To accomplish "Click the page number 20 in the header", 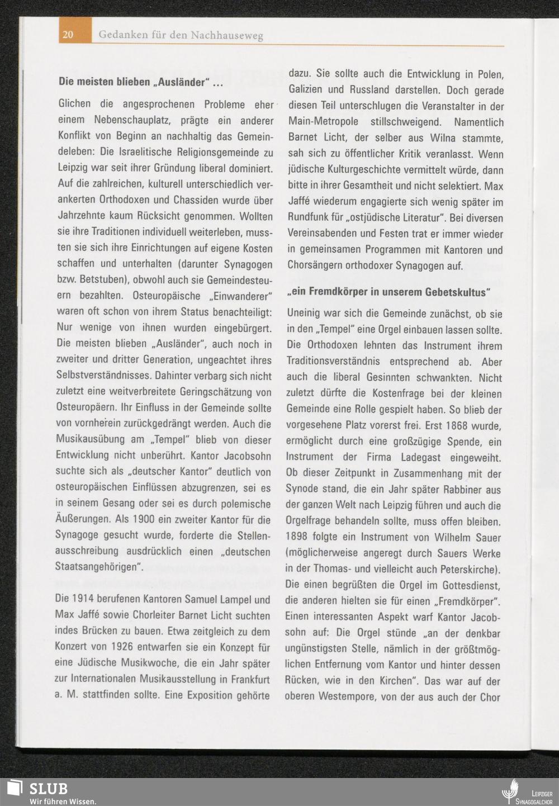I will [68, 35].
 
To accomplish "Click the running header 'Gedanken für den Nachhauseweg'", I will [181, 35].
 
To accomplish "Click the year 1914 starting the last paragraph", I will [84, 600].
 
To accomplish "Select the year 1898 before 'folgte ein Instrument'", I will [296, 538].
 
